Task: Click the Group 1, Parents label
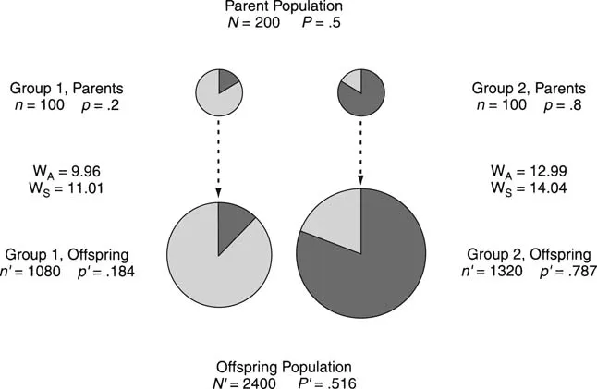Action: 67,89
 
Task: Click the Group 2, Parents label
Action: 528,89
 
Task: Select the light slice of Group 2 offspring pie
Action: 333,220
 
